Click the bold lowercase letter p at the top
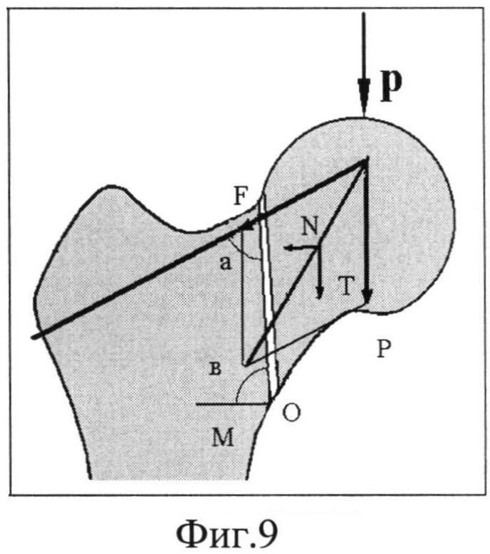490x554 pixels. click(392, 85)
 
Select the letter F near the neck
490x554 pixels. click(241, 196)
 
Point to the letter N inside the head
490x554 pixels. click(311, 226)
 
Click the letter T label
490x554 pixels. click(345, 286)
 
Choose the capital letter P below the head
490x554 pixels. click(383, 349)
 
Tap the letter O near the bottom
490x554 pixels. click(291, 412)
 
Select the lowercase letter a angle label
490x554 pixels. click(225, 263)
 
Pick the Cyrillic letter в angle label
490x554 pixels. click(216, 369)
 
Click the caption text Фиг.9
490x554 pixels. click(226, 534)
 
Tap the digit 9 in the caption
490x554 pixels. click(268, 533)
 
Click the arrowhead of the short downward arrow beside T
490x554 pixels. click(319, 293)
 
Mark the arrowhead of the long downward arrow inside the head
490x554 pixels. click(367, 296)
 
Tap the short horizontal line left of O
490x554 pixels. click(232, 404)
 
